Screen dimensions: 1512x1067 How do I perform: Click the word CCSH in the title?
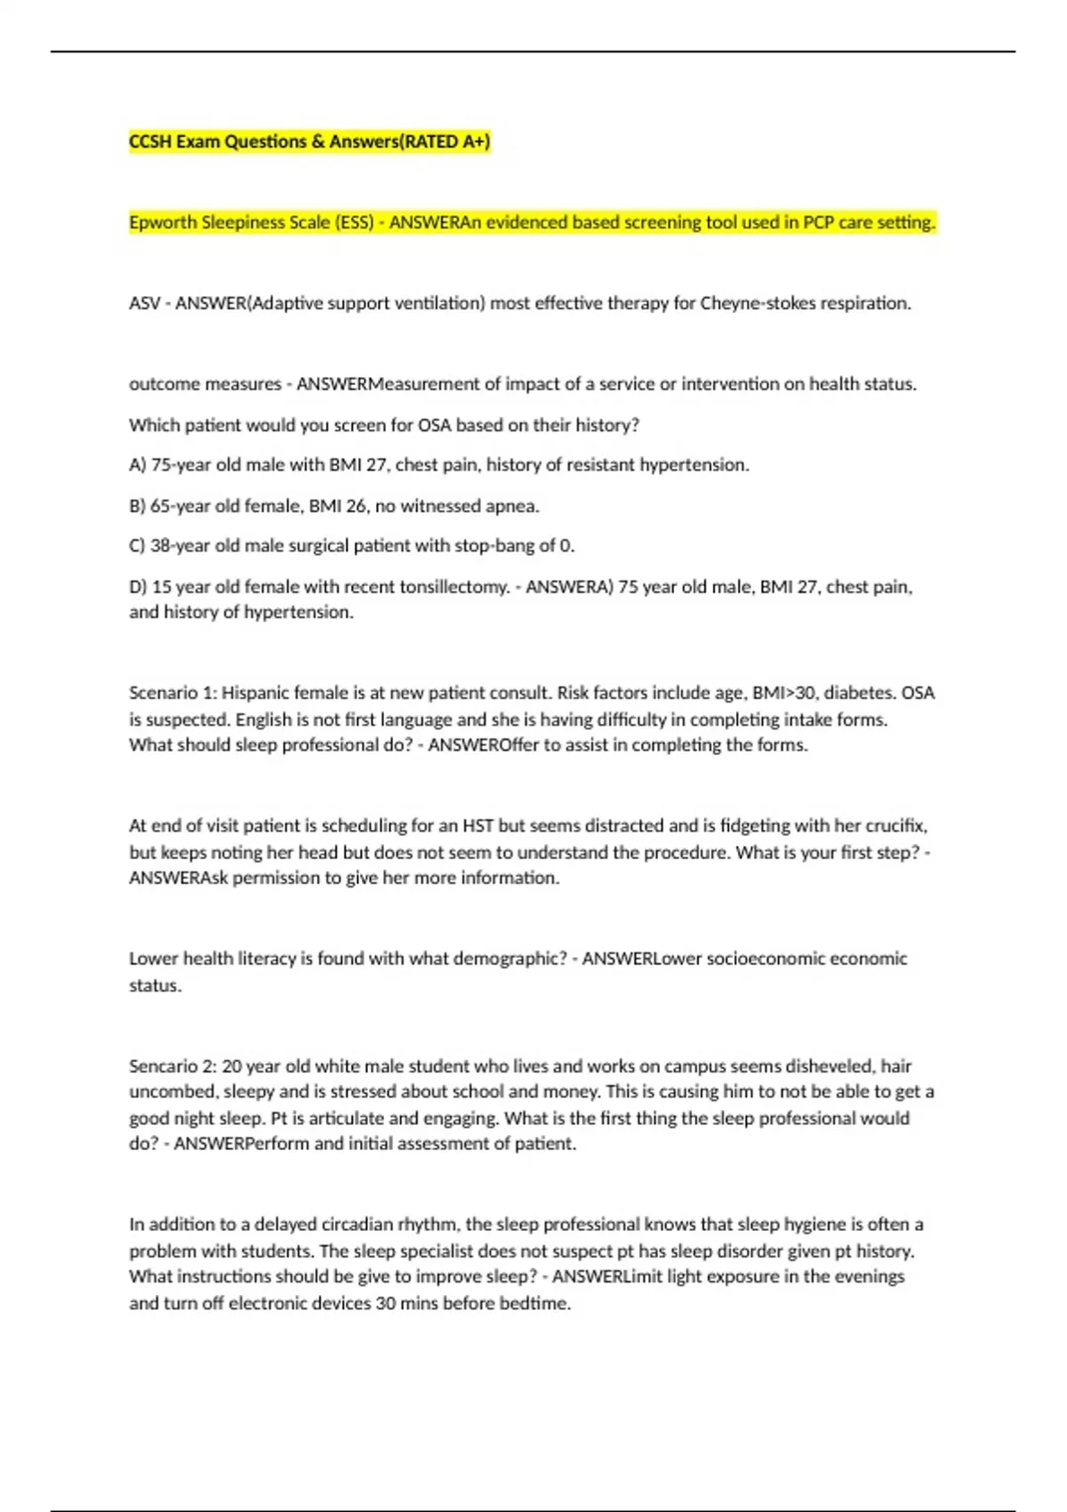(150, 141)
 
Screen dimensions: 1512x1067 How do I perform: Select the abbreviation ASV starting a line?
(144, 303)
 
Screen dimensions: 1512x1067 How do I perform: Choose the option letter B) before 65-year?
(137, 506)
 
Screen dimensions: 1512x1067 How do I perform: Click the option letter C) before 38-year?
(137, 545)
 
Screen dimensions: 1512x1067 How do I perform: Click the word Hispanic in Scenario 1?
(255, 693)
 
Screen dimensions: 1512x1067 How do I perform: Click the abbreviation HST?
(477, 825)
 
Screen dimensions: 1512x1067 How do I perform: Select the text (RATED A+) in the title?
(445, 141)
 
